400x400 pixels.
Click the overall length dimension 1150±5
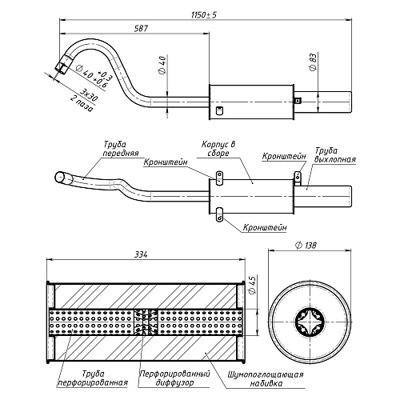pos(204,15)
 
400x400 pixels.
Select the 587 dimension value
pos(141,29)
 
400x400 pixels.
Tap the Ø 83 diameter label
pos(313,62)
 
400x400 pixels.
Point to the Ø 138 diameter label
pos(306,245)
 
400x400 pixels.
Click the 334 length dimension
pos(141,254)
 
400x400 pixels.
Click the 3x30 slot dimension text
pos(89,95)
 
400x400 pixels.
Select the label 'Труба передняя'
pos(121,149)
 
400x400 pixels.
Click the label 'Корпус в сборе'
pos(218,149)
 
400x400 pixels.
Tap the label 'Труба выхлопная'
pos(335,155)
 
